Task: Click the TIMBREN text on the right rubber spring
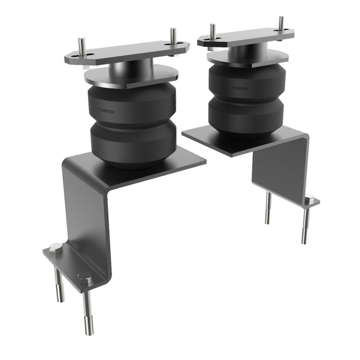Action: click(239, 88)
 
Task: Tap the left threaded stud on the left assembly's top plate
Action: click(81, 47)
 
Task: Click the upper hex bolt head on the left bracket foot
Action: click(55, 247)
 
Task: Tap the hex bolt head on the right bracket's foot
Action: click(310, 198)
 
